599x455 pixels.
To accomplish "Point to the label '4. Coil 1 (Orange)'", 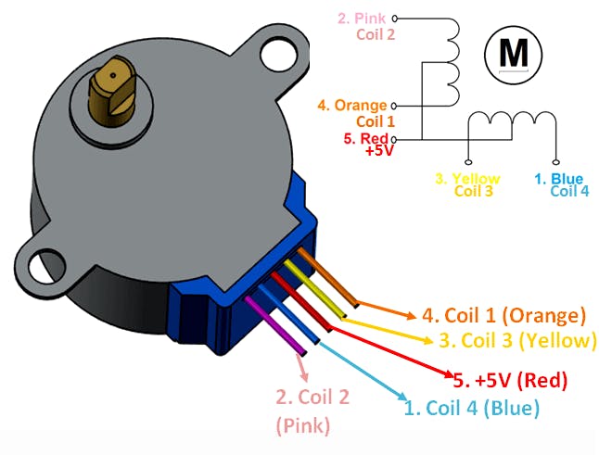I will [x=504, y=315].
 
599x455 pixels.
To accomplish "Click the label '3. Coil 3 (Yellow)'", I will [x=516, y=340].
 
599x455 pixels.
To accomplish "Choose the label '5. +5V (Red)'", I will [x=510, y=378].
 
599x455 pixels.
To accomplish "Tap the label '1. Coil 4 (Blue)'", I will [x=470, y=406].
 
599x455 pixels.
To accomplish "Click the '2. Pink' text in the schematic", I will [x=363, y=18].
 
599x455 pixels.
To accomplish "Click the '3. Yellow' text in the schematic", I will [x=467, y=178].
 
